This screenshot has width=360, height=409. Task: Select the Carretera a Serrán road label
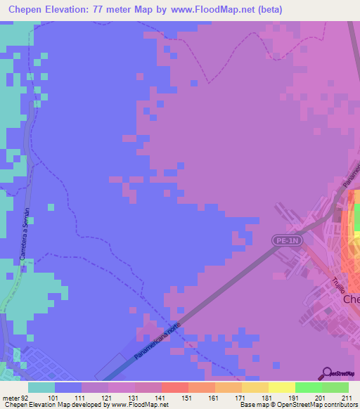pos(26,235)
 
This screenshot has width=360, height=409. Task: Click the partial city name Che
pos(351,299)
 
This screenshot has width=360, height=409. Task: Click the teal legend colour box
pos(41,387)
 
